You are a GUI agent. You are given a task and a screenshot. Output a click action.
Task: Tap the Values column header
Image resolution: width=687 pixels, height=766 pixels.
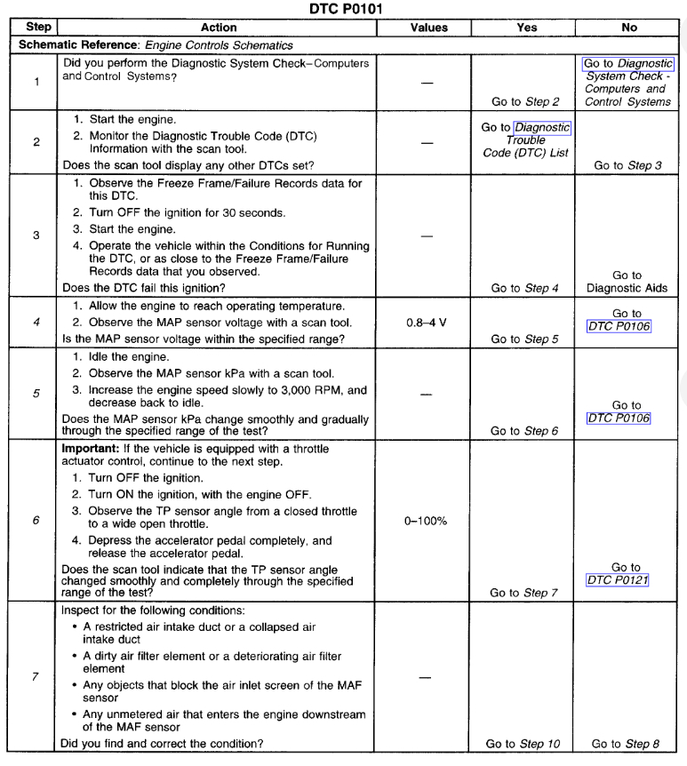(x=428, y=28)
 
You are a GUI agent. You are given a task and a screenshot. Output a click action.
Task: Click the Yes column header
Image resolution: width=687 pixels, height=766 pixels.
(x=526, y=28)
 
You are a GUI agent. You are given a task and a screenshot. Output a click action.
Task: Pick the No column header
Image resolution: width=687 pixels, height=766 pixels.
(x=629, y=28)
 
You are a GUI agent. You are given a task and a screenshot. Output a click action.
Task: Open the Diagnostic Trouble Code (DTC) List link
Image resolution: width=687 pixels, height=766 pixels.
(x=526, y=140)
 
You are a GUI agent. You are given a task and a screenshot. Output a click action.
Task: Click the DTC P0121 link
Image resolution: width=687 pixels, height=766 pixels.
(x=618, y=580)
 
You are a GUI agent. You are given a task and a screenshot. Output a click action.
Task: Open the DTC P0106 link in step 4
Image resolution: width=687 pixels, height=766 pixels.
(x=619, y=326)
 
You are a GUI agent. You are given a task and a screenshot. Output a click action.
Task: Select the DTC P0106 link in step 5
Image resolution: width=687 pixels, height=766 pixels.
(x=619, y=418)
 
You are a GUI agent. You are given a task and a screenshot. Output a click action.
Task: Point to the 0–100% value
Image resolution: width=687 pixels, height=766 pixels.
(x=426, y=521)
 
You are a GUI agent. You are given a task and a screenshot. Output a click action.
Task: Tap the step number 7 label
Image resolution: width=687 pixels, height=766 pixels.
(x=36, y=677)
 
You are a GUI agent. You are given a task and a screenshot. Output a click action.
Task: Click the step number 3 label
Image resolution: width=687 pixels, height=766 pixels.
(x=36, y=235)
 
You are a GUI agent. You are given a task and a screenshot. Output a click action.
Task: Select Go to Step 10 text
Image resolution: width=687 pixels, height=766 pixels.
(x=523, y=744)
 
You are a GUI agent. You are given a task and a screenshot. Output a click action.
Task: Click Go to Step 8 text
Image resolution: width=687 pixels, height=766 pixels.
(x=627, y=744)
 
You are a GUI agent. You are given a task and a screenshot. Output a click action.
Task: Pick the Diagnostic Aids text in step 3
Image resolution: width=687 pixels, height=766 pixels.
(x=627, y=288)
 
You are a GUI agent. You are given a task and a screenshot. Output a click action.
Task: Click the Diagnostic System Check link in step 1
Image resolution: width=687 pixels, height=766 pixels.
(x=628, y=83)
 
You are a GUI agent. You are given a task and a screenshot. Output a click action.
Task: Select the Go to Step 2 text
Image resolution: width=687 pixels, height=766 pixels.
(x=525, y=102)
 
